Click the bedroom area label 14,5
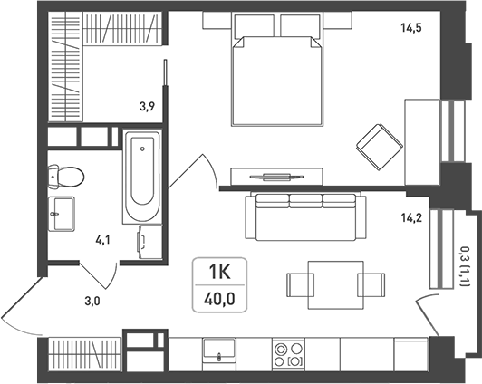pos(411,28)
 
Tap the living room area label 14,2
pos(411,218)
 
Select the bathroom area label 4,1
pos(102,240)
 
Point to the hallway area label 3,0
pos(92,302)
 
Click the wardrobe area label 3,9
pos(147,107)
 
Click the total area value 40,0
pos(219,299)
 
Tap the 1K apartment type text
pos(219,272)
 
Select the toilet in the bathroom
pos(66,177)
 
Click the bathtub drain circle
pos(142,149)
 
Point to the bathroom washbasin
pos(62,214)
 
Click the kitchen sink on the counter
pos(219,348)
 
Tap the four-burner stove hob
pos(288,354)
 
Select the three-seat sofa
pos(306,216)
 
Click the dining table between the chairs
pos(336,284)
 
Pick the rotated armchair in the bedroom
pos(380,147)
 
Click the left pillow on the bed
pos(254,26)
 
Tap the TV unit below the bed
pos(276,177)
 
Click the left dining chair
pos(300,284)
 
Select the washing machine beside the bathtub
pos(150,242)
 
